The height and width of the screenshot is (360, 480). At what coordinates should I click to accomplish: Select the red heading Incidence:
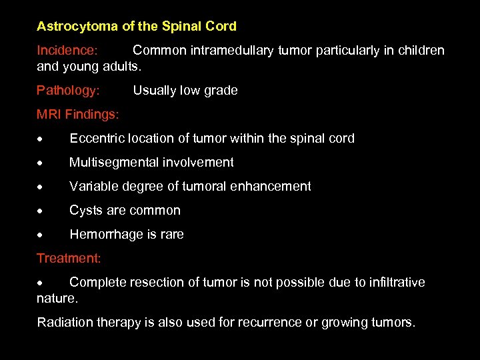(67, 51)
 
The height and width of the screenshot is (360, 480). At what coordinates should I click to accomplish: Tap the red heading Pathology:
(68, 91)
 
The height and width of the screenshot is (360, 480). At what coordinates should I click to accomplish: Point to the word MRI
(49, 115)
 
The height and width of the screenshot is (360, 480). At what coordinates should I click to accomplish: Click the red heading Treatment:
(69, 258)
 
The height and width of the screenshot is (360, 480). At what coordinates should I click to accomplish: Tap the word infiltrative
(391, 283)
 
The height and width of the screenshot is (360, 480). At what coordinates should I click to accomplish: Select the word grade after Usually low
(220, 91)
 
